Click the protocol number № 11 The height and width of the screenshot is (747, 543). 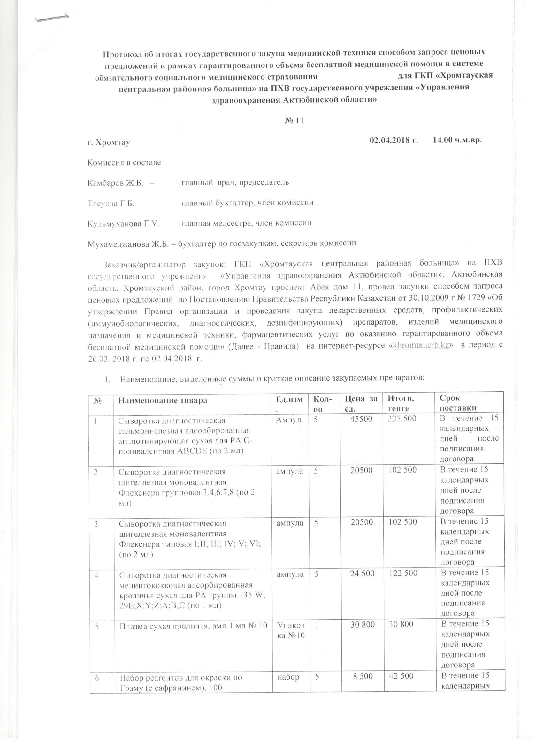point(294,120)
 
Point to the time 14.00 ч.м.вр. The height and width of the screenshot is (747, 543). point(457,140)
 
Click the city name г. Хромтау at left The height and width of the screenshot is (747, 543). point(109,142)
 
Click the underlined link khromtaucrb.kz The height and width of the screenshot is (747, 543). point(422,346)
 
